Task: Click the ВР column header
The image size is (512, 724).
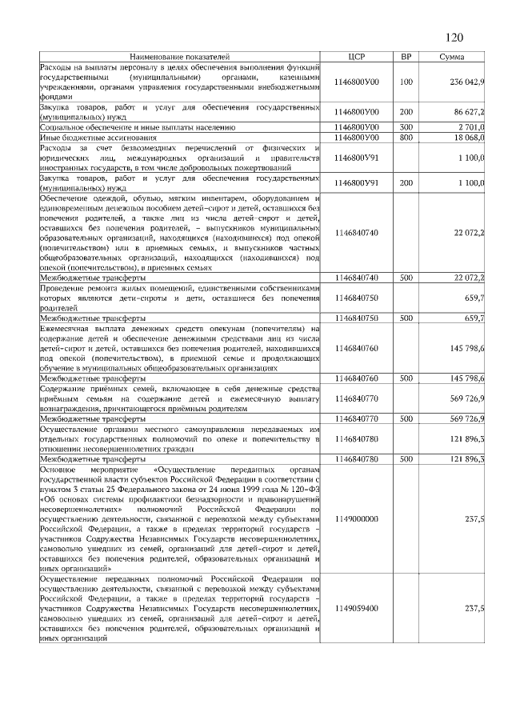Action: click(x=406, y=58)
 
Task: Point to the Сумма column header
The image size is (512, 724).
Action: click(x=453, y=58)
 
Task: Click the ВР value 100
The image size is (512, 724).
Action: click(x=406, y=82)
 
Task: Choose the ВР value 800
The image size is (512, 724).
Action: click(x=406, y=138)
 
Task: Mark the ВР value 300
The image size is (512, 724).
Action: click(x=406, y=127)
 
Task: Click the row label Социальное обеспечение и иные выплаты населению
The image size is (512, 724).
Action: click(x=138, y=127)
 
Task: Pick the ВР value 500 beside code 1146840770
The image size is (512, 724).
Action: click(x=406, y=418)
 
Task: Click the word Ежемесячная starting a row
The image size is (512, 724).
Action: click(x=68, y=328)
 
